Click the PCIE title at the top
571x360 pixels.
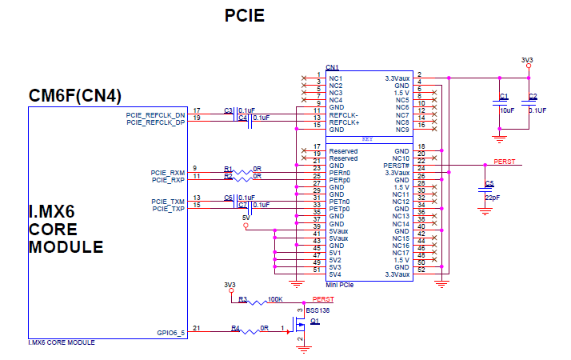click(x=244, y=16)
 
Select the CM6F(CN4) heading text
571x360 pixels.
click(x=75, y=96)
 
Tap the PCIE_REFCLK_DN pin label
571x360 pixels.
click(x=155, y=114)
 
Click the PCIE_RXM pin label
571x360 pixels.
click(x=167, y=173)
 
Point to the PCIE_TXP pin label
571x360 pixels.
click(x=168, y=208)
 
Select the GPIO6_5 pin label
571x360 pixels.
click(x=170, y=333)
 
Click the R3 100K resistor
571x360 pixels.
click(x=255, y=302)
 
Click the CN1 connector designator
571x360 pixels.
click(x=333, y=67)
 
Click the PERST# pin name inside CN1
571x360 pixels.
click(x=397, y=166)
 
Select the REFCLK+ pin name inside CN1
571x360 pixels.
click(x=345, y=122)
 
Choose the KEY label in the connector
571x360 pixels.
click(x=369, y=138)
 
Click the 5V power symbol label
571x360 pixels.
click(x=246, y=217)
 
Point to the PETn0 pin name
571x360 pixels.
click(x=341, y=202)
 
